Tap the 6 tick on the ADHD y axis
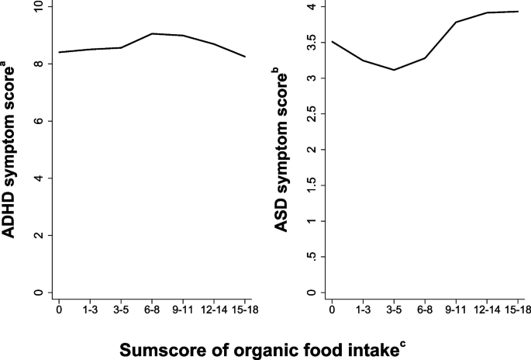click(x=37, y=121)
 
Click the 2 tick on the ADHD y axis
click(x=37, y=235)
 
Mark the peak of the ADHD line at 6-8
click(x=152, y=33)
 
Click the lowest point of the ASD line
click(x=393, y=70)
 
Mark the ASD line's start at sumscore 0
click(x=331, y=42)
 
